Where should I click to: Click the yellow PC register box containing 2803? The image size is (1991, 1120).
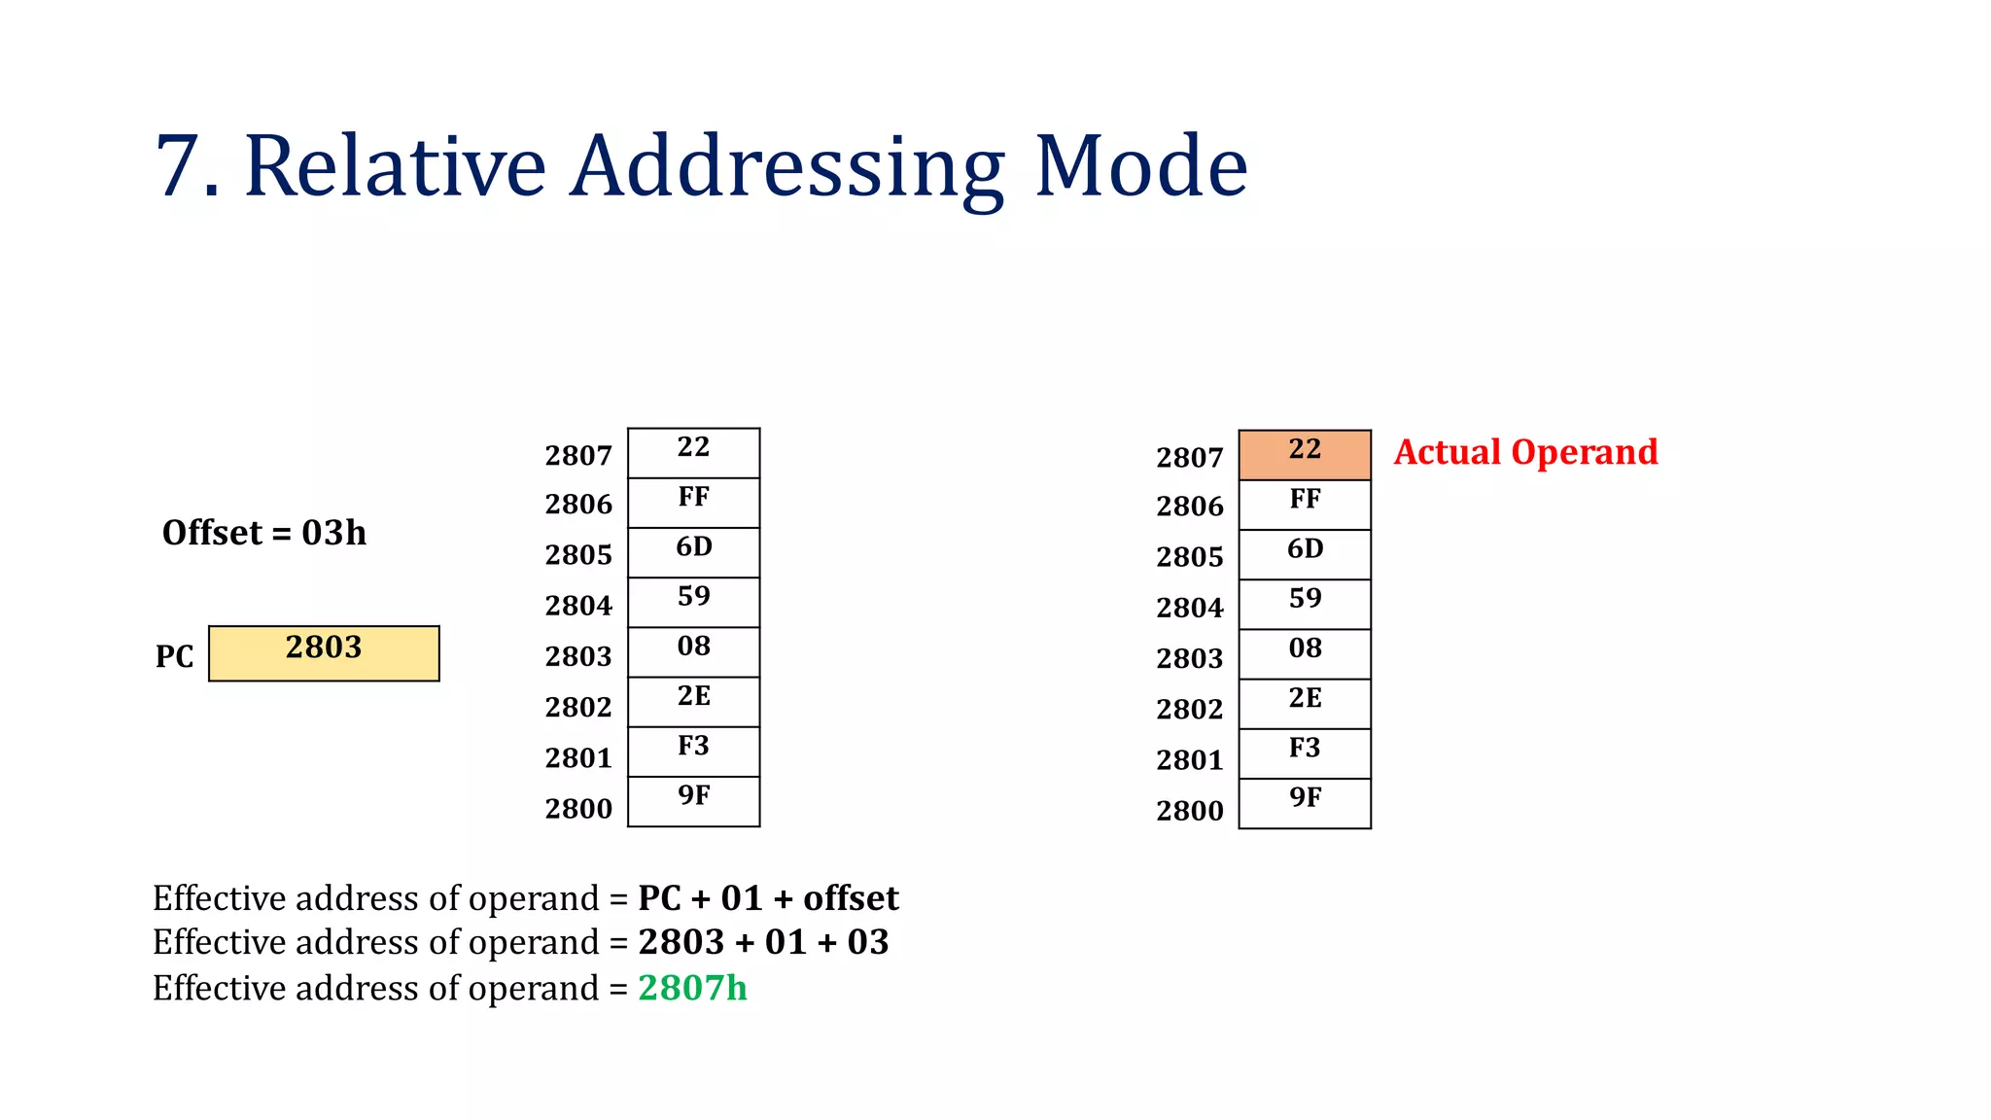pyautogui.click(x=324, y=652)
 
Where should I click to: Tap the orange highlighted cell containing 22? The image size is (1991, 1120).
pyautogui.click(x=1305, y=454)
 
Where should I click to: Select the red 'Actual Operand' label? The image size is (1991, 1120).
pyautogui.click(x=1525, y=452)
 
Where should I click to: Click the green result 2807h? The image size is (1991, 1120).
pyautogui.click(x=692, y=988)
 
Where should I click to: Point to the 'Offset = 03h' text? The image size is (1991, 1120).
pyautogui.click(x=264, y=533)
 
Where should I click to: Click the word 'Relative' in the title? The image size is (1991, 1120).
pyautogui.click(x=396, y=166)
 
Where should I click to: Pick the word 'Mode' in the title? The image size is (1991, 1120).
pyautogui.click(x=1140, y=166)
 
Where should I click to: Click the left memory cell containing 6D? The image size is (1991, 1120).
pyautogui.click(x=693, y=552)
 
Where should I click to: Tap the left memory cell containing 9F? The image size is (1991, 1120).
pyautogui.click(x=693, y=801)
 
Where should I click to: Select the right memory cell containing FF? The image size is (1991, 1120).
pyautogui.click(x=1305, y=505)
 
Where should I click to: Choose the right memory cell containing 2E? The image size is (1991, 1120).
pyautogui.click(x=1305, y=704)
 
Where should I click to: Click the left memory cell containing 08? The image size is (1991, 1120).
pyautogui.click(x=693, y=651)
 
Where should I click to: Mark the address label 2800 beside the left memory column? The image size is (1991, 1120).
pyautogui.click(x=578, y=809)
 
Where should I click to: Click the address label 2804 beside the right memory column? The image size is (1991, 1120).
pyautogui.click(x=1190, y=608)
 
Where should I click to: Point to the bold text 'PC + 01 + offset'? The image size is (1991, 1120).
pyautogui.click(x=768, y=898)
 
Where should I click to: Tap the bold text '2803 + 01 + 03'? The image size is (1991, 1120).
pyautogui.click(x=763, y=942)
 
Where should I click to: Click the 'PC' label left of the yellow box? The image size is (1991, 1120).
pyautogui.click(x=175, y=656)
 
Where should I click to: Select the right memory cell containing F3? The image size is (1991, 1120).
pyautogui.click(x=1305, y=753)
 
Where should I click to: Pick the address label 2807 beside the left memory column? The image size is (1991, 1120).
pyautogui.click(x=578, y=455)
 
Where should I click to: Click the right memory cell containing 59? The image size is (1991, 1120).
pyautogui.click(x=1305, y=604)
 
